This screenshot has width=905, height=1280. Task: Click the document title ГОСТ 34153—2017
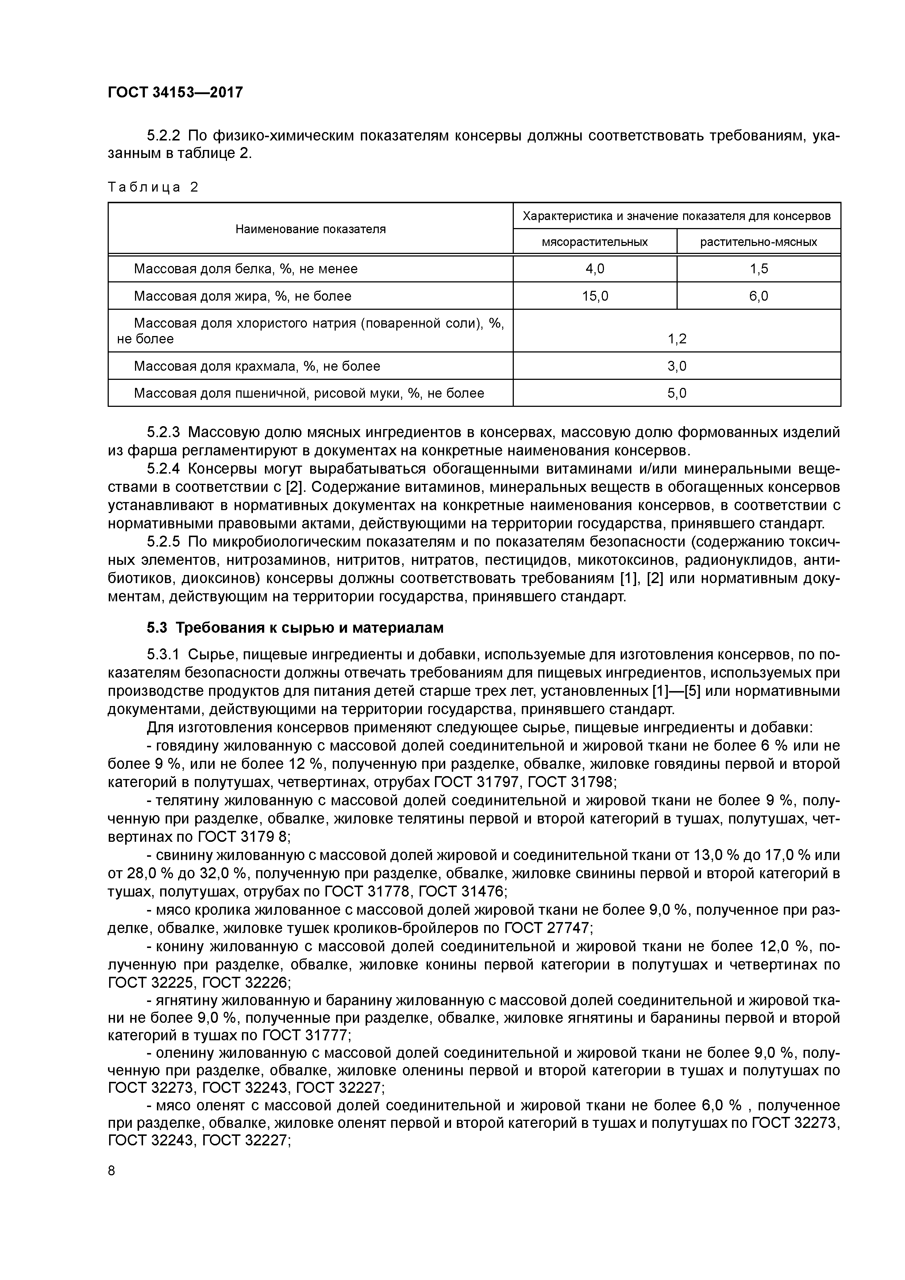click(175, 92)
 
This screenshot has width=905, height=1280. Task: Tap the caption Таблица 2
click(153, 187)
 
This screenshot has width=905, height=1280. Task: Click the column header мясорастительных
click(594, 242)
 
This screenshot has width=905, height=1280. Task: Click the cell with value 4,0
click(594, 269)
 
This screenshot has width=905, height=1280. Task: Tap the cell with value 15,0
click(594, 296)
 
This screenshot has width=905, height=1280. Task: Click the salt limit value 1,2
click(677, 338)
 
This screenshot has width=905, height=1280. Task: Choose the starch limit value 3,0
click(677, 366)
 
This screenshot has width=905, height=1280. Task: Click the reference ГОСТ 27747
click(545, 928)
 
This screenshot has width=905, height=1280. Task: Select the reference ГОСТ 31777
click(305, 1036)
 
